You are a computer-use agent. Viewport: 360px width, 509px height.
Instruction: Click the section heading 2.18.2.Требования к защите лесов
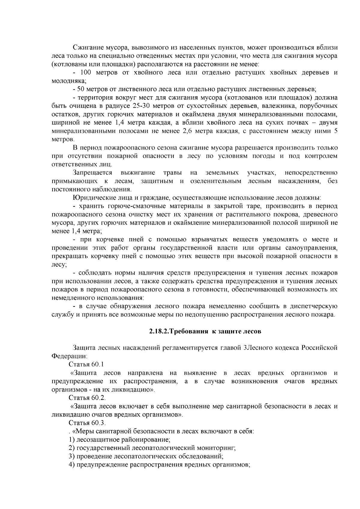pyautogui.click(x=205, y=331)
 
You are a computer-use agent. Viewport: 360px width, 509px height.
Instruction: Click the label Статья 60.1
pyautogui.click(x=86, y=364)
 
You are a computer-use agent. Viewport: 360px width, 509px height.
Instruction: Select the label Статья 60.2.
pyautogui.click(x=87, y=398)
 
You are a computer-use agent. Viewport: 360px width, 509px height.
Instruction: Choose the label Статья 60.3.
pyautogui.click(x=87, y=423)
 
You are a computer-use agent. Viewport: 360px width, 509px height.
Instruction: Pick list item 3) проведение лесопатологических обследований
pyautogui.click(x=146, y=457)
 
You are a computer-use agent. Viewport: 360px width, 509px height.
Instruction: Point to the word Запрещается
pyautogui.click(x=92, y=173)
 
